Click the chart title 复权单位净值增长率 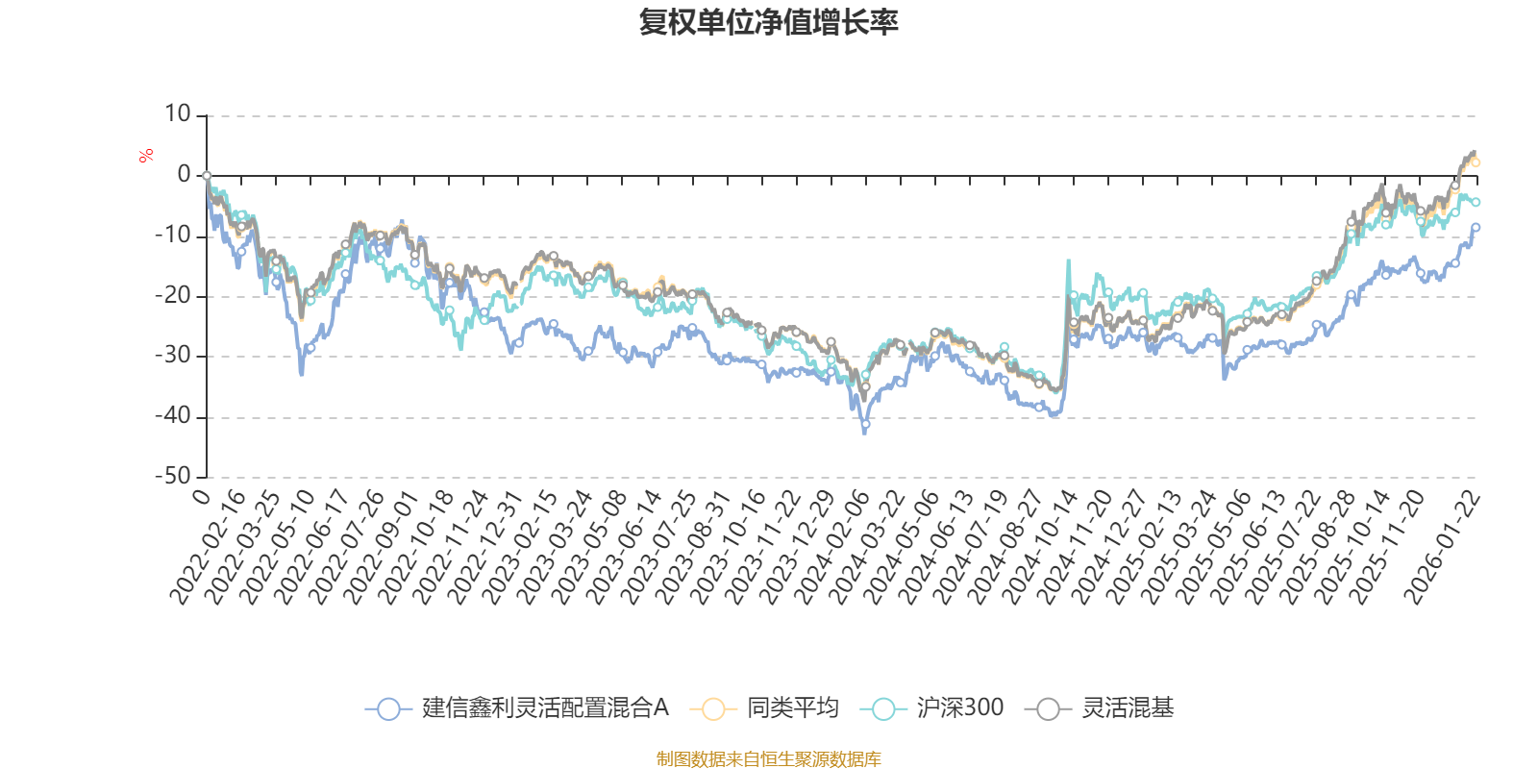[x=768, y=22]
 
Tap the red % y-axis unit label [x=146, y=156]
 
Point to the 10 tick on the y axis [x=178, y=114]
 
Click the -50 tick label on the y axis [x=173, y=476]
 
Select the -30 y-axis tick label [x=173, y=356]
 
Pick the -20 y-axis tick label [x=173, y=296]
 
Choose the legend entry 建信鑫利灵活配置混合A [x=519, y=708]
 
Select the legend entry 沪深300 [x=933, y=708]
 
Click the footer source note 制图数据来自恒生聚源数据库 [x=768, y=759]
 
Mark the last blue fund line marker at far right [x=1476, y=227]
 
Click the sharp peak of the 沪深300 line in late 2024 [x=1067, y=260]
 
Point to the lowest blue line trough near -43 [x=865, y=433]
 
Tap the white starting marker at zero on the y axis [x=207, y=176]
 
